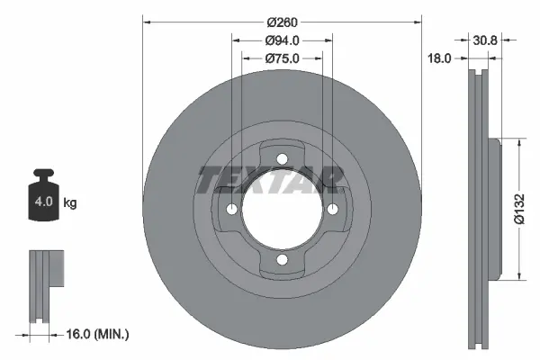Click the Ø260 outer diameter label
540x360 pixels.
(282, 23)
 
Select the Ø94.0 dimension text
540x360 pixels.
(282, 40)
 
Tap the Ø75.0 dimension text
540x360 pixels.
(282, 58)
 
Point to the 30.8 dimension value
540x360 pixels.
(485, 40)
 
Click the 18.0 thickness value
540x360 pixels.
(439, 58)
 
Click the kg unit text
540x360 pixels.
(70, 203)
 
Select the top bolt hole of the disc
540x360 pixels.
(282, 159)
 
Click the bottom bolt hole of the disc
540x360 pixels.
(282, 260)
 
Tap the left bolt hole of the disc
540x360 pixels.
(231, 210)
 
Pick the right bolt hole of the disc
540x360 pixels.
(332, 210)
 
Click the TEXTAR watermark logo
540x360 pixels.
(270, 179)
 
